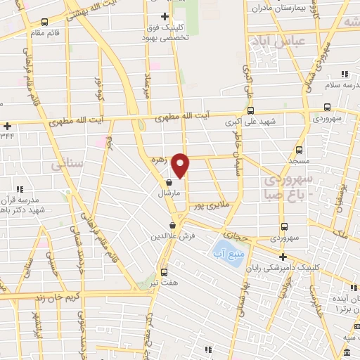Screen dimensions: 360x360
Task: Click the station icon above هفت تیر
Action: pos(164,272)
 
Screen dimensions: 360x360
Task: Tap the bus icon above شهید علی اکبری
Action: pos(251,110)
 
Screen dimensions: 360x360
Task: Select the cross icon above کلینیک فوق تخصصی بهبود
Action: pos(165,16)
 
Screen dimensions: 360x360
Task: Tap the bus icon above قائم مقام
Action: pos(45,22)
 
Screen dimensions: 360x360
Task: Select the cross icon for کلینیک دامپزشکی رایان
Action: pos(283,257)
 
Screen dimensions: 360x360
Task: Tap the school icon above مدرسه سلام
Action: pos(345,74)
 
